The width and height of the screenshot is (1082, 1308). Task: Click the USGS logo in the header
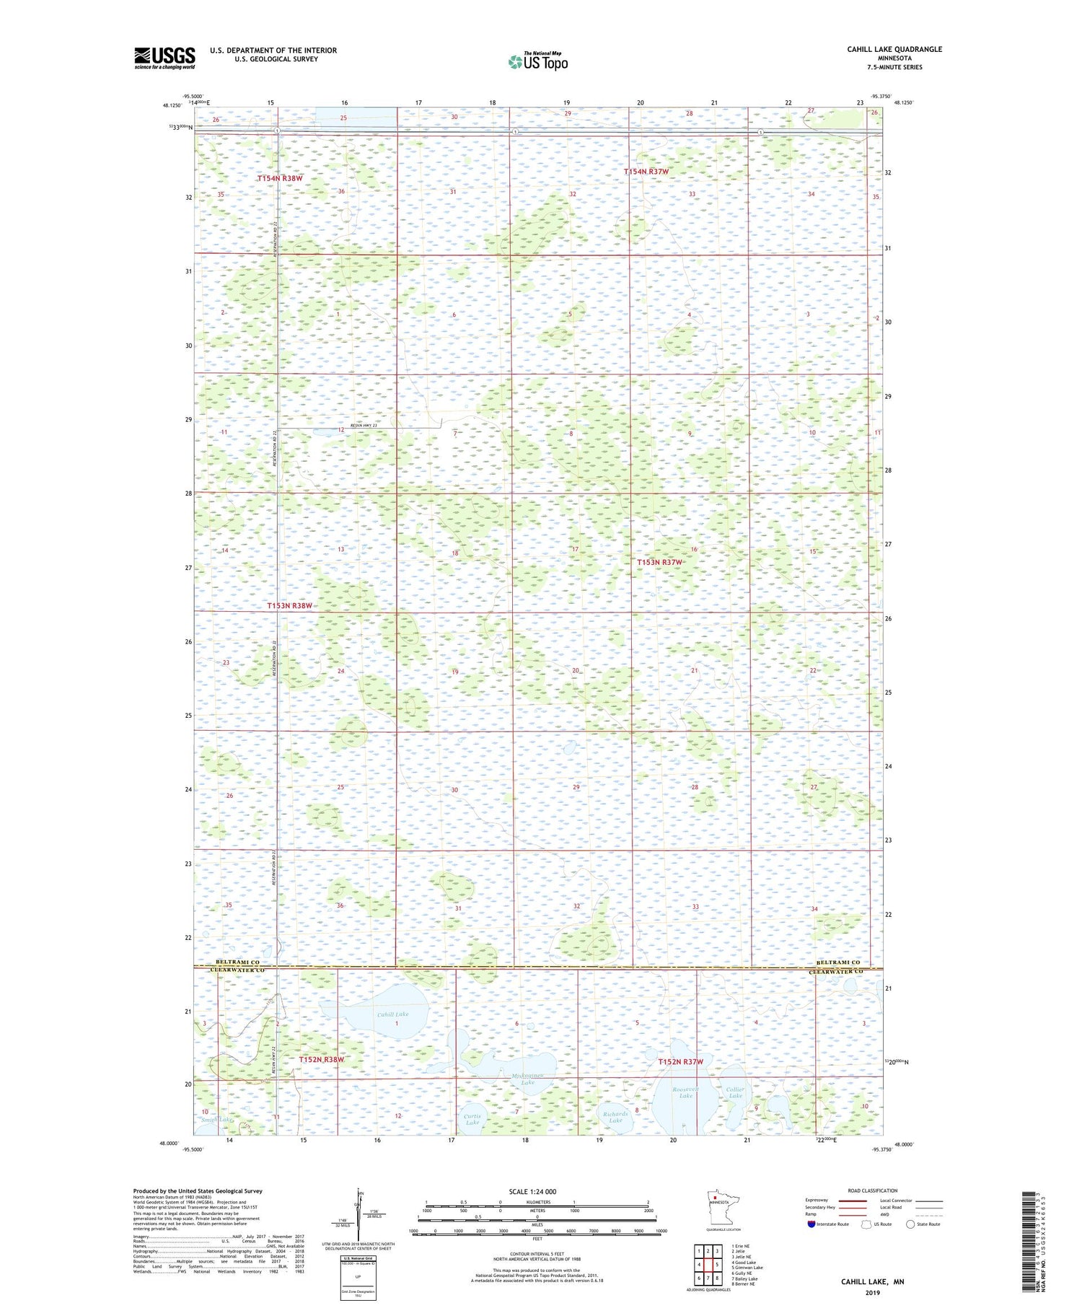(164, 58)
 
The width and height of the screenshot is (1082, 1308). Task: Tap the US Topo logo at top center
(537, 61)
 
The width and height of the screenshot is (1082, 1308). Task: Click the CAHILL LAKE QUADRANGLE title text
(894, 49)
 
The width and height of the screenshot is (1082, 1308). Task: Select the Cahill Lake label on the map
(392, 1014)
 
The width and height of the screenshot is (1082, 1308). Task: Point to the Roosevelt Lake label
(685, 1092)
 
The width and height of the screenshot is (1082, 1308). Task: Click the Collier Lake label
(735, 1092)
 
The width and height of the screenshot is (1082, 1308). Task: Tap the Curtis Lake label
(472, 1119)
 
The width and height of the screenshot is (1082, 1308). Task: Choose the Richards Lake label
(615, 1117)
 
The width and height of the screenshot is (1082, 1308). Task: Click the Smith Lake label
(217, 1120)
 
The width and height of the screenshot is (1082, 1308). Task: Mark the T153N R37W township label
(659, 562)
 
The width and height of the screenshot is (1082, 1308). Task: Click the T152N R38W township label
(321, 1059)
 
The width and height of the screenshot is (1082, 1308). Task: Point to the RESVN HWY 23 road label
(364, 426)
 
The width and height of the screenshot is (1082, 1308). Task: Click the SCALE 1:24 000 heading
(532, 1192)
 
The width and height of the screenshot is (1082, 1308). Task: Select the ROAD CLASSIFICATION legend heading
(873, 1190)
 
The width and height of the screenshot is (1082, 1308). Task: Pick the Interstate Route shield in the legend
(811, 1224)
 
